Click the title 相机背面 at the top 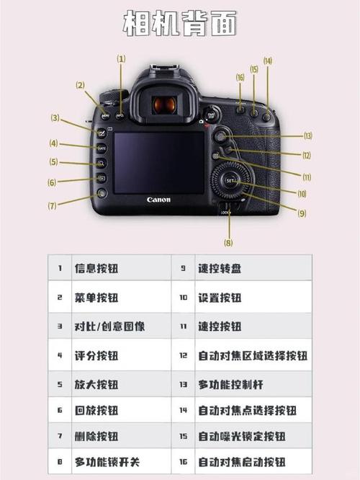click(x=180, y=24)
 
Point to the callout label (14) click(x=268, y=61)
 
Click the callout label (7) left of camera click(x=52, y=205)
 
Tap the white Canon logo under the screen click(x=158, y=200)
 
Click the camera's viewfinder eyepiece click(x=164, y=105)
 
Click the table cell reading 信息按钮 click(x=96, y=269)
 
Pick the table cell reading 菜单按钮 click(x=96, y=297)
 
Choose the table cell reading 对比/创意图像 click(x=109, y=326)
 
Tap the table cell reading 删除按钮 click(x=96, y=436)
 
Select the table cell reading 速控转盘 click(x=220, y=269)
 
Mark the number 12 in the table click(x=184, y=355)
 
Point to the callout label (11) click(x=307, y=177)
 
